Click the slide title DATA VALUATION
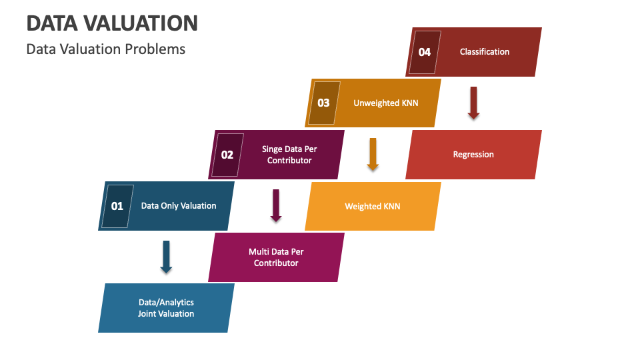(112, 23)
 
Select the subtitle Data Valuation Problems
(106, 49)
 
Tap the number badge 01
(117, 206)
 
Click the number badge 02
(227, 155)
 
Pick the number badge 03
(323, 103)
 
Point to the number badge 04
(424, 52)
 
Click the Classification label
(485, 52)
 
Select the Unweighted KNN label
(386, 103)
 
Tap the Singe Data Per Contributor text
(289, 155)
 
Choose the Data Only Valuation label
(179, 206)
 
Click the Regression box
(473, 155)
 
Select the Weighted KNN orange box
(373, 207)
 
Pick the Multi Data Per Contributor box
(276, 257)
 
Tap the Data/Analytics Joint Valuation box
(166, 308)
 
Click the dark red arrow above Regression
(473, 103)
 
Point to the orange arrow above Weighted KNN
(373, 154)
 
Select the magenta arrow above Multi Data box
(276, 205)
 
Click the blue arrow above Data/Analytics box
(166, 257)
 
